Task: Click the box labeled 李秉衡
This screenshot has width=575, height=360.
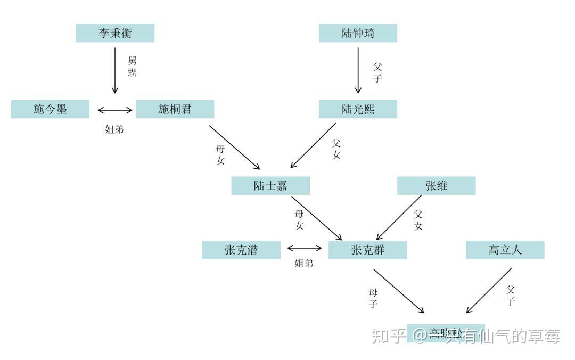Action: (115, 33)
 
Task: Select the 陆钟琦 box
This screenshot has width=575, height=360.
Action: (358, 33)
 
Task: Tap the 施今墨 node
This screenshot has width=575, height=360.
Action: (50, 109)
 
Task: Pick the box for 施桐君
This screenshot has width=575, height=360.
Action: (175, 109)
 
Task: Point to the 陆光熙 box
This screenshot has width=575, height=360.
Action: (358, 109)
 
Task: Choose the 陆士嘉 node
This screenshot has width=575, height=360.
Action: (270, 186)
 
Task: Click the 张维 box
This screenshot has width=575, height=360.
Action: (436, 186)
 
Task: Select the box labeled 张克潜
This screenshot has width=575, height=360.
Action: (241, 250)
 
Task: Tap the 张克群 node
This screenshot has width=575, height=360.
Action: (367, 250)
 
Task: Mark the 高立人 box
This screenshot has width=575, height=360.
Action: (505, 250)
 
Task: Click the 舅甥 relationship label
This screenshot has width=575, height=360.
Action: (132, 66)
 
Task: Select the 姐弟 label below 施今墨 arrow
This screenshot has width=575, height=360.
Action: (114, 129)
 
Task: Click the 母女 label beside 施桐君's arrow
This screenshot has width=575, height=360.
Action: (220, 154)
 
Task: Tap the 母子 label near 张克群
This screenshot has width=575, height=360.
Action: (373, 298)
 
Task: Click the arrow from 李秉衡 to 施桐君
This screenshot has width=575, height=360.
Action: (115, 70)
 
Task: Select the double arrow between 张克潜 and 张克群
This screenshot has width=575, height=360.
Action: (305, 248)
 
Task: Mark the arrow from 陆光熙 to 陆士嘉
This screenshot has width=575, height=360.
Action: (314, 145)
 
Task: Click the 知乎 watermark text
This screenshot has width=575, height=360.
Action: (389, 336)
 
